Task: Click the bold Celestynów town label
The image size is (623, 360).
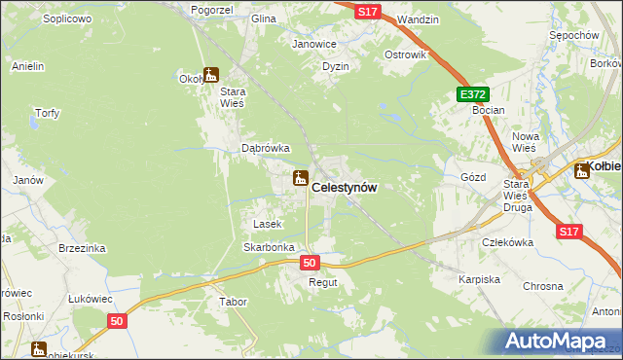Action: (x=345, y=187)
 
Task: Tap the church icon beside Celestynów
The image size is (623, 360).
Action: (x=300, y=178)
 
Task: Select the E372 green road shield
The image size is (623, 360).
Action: (x=472, y=94)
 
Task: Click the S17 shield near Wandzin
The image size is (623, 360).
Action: (x=366, y=11)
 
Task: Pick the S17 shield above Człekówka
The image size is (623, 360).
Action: (x=570, y=232)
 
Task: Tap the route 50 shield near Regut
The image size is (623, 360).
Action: (x=311, y=263)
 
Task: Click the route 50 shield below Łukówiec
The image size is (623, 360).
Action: (x=117, y=321)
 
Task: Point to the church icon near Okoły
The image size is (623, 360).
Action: (x=211, y=74)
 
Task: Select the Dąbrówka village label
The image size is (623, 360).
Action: (x=266, y=149)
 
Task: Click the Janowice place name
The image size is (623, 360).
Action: (x=314, y=44)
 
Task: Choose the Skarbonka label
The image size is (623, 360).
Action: (x=269, y=247)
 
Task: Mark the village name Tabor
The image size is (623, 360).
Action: (x=234, y=302)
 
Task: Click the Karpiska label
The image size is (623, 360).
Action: (x=479, y=279)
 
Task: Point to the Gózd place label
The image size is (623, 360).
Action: (x=472, y=178)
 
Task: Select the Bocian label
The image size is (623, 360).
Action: (x=488, y=110)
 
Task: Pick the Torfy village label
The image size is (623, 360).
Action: (x=47, y=113)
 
